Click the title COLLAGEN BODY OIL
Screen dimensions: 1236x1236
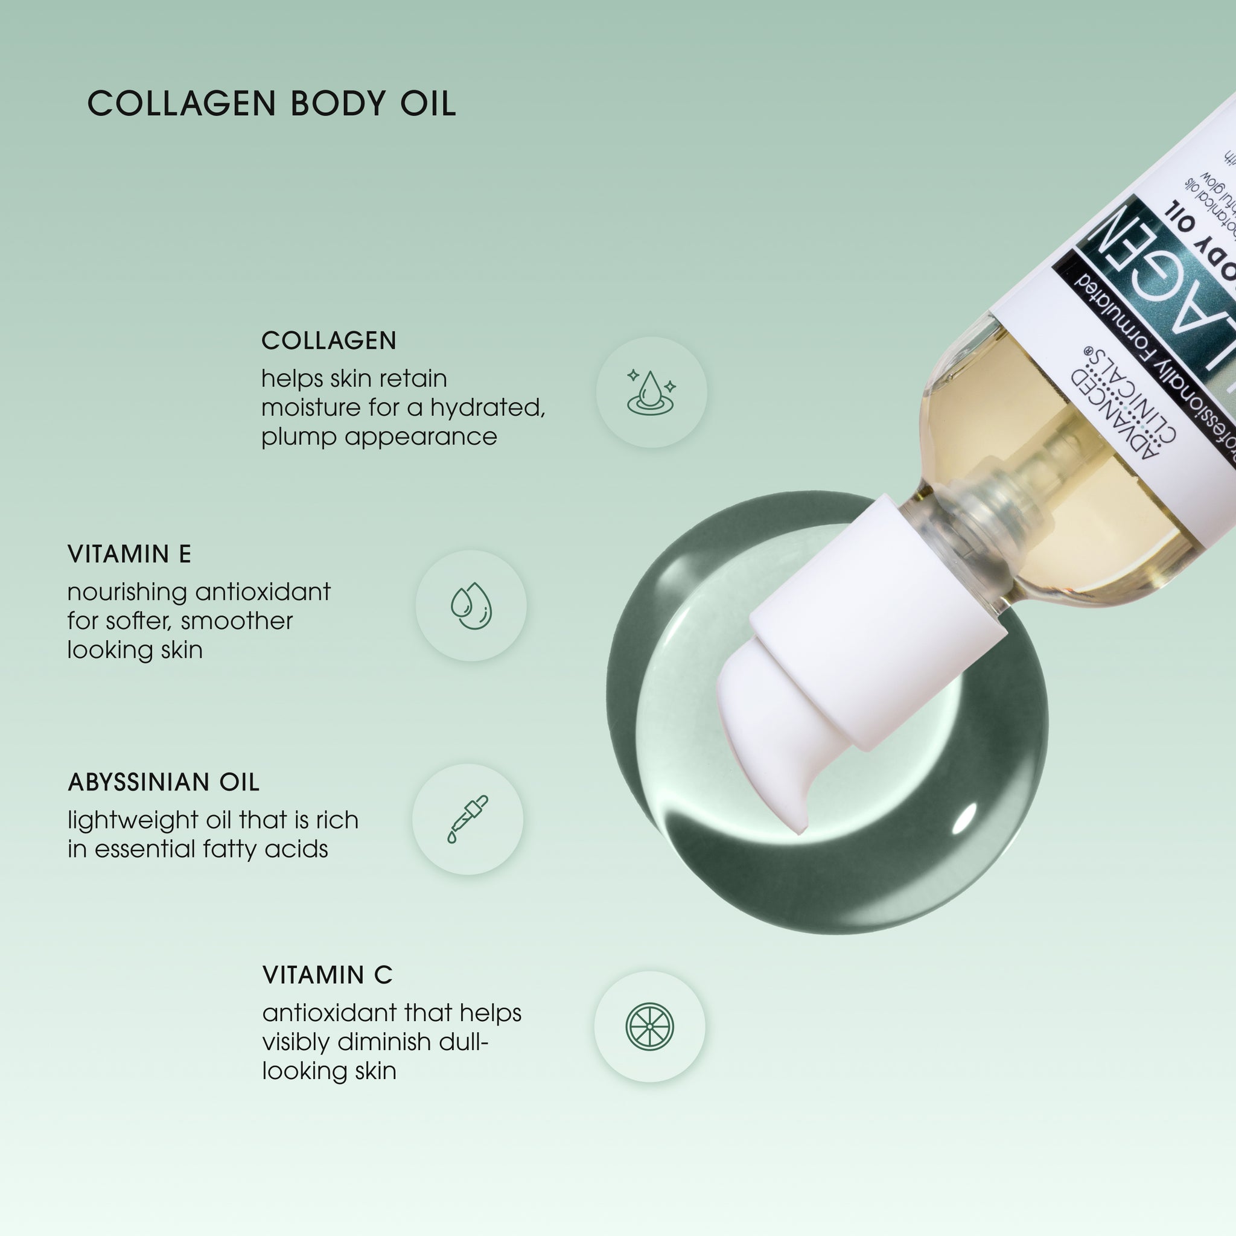pos(271,104)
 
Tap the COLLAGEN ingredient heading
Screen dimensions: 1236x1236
pos(329,340)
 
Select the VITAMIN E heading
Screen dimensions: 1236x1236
pos(129,554)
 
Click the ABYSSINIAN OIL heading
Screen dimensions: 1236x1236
pos(163,782)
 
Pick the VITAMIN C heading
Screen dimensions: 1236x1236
pos(327,975)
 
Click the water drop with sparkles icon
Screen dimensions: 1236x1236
pos(651,392)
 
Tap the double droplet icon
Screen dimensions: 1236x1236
pos(471,605)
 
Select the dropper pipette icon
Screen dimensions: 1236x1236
pos(467,819)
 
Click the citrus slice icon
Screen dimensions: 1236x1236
pos(649,1026)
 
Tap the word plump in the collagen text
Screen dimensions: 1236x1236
pos(298,438)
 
